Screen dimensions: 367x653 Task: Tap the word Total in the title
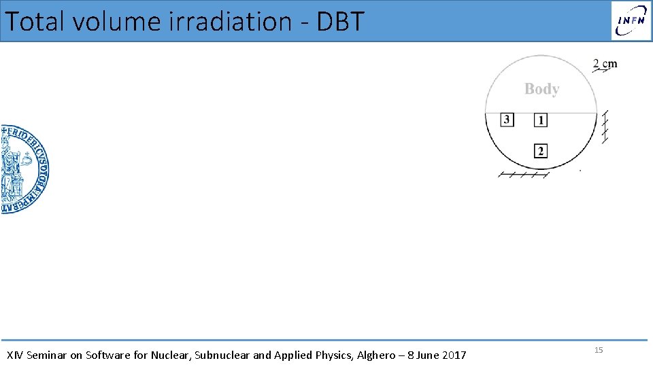[33, 22]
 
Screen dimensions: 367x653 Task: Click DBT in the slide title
[340, 22]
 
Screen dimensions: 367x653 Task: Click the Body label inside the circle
[541, 89]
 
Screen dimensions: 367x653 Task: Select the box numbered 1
[541, 120]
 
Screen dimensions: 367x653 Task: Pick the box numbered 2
[541, 151]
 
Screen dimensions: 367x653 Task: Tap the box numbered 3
[507, 120]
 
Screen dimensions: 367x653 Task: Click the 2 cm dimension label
[605, 64]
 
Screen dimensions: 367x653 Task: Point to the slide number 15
[599, 350]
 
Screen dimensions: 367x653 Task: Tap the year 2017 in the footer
[454, 355]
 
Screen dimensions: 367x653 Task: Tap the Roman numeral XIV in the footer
[14, 355]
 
